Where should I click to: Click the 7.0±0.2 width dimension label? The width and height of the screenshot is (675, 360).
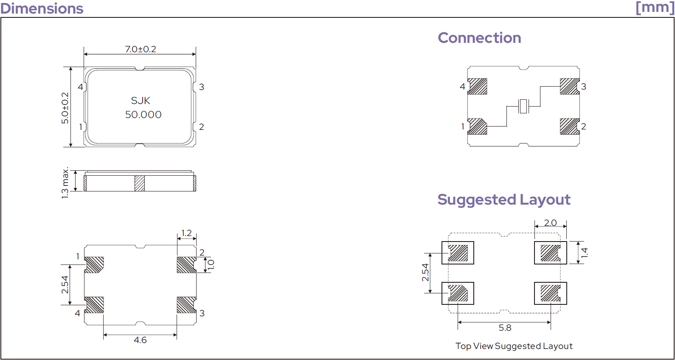pyautogui.click(x=141, y=49)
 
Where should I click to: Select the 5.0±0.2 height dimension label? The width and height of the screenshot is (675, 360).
pyautogui.click(x=65, y=108)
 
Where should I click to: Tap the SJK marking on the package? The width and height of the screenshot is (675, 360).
pyautogui.click(x=141, y=100)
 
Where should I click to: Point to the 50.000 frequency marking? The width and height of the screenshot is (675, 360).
pyautogui.click(x=143, y=115)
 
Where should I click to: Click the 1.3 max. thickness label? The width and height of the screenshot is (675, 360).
pyautogui.click(x=65, y=183)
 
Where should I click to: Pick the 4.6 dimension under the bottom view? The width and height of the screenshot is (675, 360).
pyautogui.click(x=140, y=340)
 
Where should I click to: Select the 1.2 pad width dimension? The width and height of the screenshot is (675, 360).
pyautogui.click(x=186, y=233)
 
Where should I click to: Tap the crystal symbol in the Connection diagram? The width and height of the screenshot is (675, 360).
pyautogui.click(x=523, y=106)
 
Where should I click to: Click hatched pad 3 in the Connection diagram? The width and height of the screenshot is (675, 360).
pyautogui.click(x=570, y=87)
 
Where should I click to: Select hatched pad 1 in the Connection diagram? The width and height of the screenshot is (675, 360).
pyautogui.click(x=477, y=126)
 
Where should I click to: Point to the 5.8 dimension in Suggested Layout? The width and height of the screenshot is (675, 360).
pyautogui.click(x=505, y=328)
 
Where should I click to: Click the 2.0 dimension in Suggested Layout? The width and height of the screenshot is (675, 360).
pyautogui.click(x=550, y=223)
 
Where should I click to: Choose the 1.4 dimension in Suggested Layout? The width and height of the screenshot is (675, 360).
pyautogui.click(x=584, y=253)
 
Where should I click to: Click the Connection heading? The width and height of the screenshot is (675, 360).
pyautogui.click(x=479, y=38)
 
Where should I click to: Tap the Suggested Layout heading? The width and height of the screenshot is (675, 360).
pyautogui.click(x=504, y=200)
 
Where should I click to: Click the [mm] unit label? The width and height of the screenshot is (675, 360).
pyautogui.click(x=655, y=7)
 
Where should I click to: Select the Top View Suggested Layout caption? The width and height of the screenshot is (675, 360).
pyautogui.click(x=514, y=346)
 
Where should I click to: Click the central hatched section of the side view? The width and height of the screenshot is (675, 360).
pyautogui.click(x=140, y=183)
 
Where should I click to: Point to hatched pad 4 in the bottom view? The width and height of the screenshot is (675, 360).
pyautogui.click(x=94, y=305)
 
